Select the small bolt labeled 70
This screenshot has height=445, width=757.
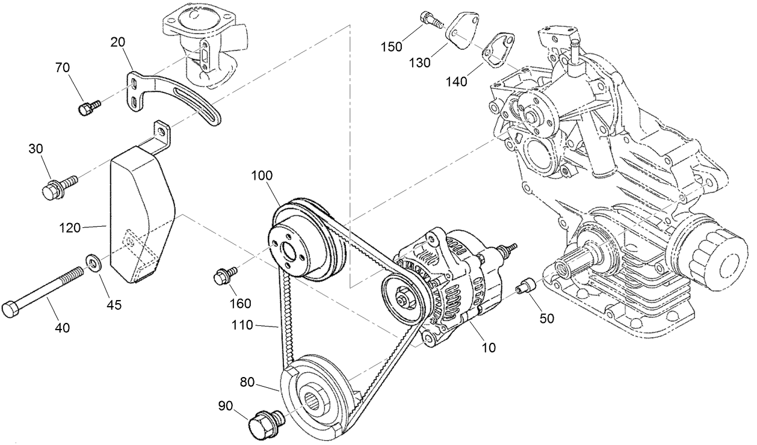(x=87, y=108)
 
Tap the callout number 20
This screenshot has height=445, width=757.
(x=119, y=42)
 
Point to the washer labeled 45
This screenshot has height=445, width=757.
(x=94, y=262)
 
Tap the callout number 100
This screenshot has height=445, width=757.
(x=261, y=176)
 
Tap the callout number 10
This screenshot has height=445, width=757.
(x=489, y=347)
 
